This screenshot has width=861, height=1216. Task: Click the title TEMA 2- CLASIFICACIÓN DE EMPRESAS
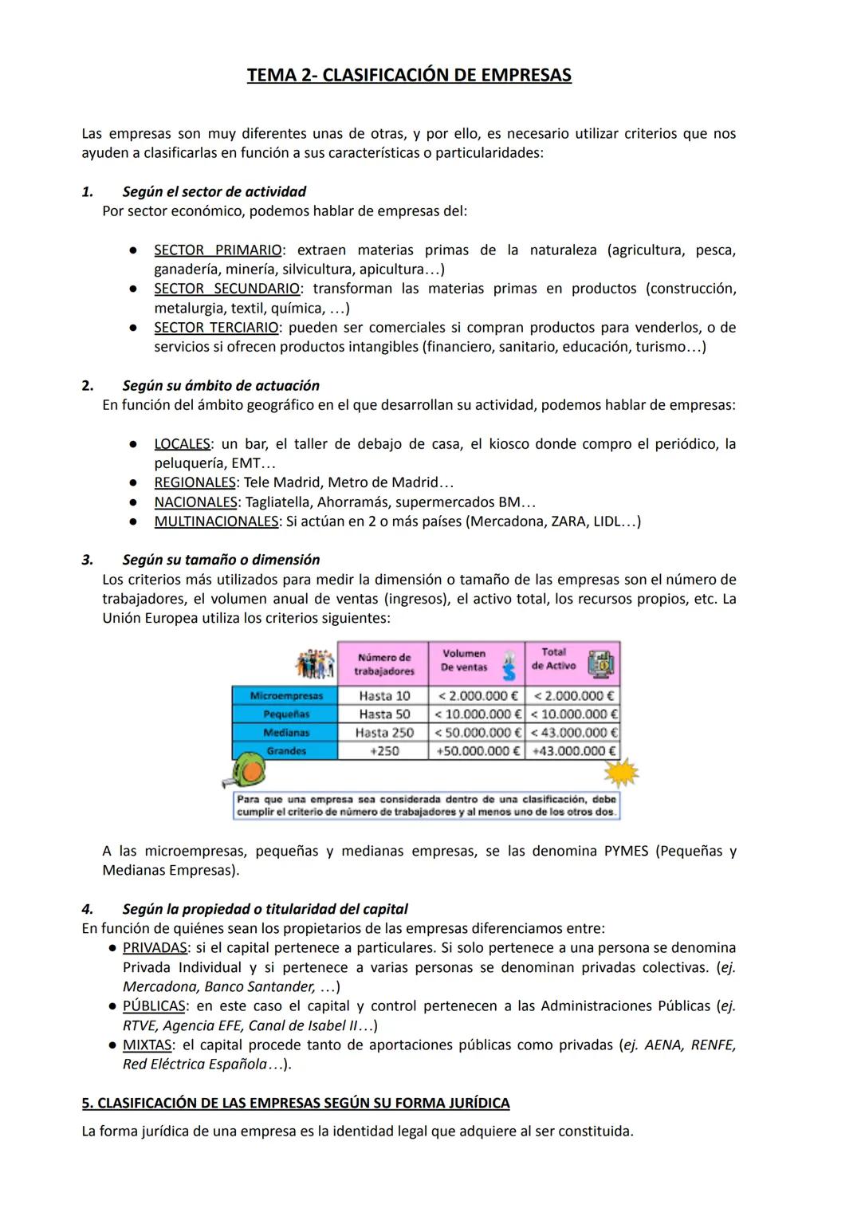(x=409, y=76)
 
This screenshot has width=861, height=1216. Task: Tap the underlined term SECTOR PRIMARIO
(x=217, y=250)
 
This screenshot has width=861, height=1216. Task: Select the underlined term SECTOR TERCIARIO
(x=216, y=328)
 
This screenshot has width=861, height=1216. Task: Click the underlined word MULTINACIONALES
(x=216, y=521)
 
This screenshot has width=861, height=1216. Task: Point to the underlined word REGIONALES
(x=195, y=482)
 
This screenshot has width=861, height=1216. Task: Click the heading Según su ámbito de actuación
(x=221, y=386)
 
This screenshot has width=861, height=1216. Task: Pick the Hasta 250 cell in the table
(x=384, y=733)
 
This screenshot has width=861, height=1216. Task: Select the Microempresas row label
(x=285, y=696)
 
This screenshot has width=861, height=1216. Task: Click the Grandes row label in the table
(x=285, y=751)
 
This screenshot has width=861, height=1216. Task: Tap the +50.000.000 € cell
(x=477, y=751)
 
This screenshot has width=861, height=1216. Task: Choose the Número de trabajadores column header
(x=384, y=664)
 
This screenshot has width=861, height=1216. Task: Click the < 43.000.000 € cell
(x=573, y=733)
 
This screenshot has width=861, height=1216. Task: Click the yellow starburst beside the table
(x=621, y=773)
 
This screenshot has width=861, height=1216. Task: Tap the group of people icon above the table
(x=315, y=664)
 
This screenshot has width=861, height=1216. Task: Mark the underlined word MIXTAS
(x=147, y=1045)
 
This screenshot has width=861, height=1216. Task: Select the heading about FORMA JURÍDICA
(x=296, y=1104)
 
